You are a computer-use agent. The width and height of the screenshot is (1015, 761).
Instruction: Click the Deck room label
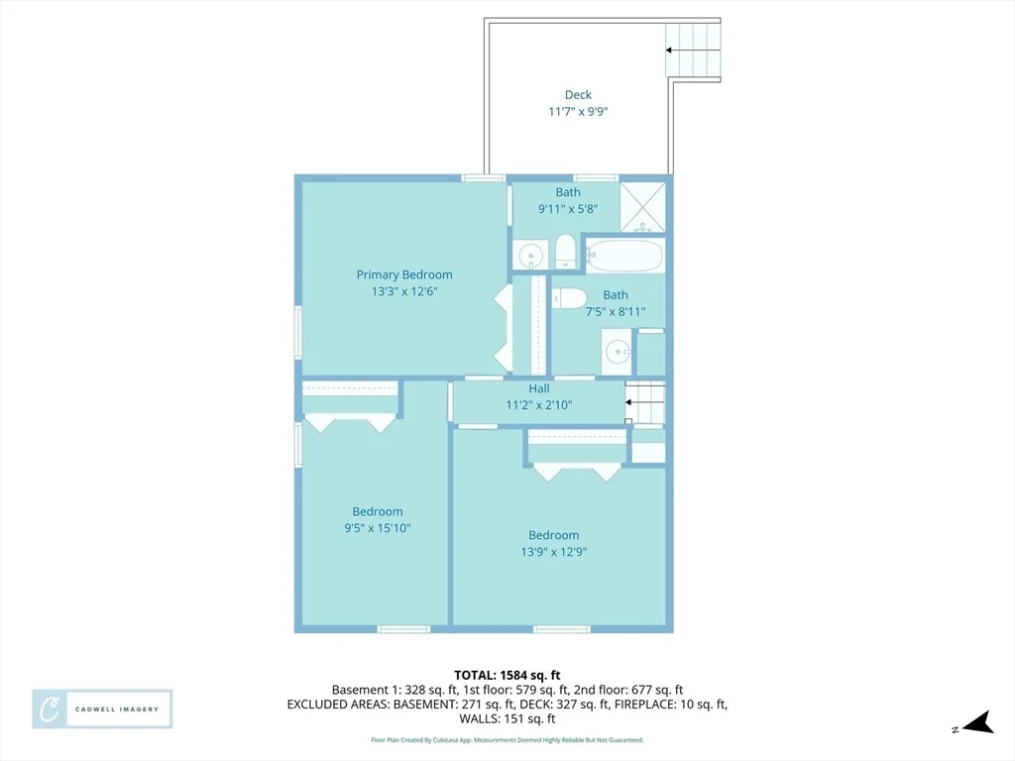578,95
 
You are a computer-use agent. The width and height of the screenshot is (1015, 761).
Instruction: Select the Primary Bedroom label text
404,274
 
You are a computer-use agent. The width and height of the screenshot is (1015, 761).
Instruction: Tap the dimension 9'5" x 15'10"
378,528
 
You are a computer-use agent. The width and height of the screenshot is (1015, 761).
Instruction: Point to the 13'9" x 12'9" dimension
554,552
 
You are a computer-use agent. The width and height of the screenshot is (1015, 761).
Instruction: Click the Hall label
539,388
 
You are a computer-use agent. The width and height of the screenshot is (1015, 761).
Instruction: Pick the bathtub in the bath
624,256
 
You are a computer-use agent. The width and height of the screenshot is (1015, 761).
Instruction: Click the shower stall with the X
642,207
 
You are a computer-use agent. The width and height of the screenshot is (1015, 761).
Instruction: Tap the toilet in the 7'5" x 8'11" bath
569,298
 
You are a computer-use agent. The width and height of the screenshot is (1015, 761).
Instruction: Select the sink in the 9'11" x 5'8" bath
531,255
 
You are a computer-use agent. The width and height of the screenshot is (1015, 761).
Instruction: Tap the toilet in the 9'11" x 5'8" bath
566,252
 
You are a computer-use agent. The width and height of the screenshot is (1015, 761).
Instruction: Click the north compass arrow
978,722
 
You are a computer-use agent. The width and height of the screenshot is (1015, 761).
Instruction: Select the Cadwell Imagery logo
102,709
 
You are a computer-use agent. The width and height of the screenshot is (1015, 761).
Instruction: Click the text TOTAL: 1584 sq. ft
507,676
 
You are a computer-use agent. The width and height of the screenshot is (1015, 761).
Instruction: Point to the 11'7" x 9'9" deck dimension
578,111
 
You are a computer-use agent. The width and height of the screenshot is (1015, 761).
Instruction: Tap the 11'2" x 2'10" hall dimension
539,405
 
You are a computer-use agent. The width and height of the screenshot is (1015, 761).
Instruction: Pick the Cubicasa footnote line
507,739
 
